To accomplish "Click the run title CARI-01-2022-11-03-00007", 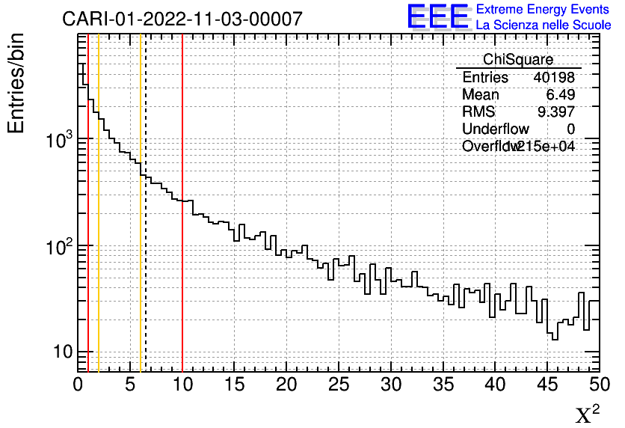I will [182, 19].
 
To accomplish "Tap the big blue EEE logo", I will [438, 16].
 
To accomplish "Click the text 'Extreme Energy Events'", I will [544, 9].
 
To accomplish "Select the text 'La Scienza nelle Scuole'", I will [544, 25].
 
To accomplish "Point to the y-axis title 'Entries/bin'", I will [16, 83].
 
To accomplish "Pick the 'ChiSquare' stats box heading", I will [518, 60].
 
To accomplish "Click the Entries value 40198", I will [554, 78].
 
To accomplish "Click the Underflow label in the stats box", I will [495, 129].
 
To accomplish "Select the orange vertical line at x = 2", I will [99, 262].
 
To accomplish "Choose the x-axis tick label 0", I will [78, 385].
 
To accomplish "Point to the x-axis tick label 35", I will [443, 385].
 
